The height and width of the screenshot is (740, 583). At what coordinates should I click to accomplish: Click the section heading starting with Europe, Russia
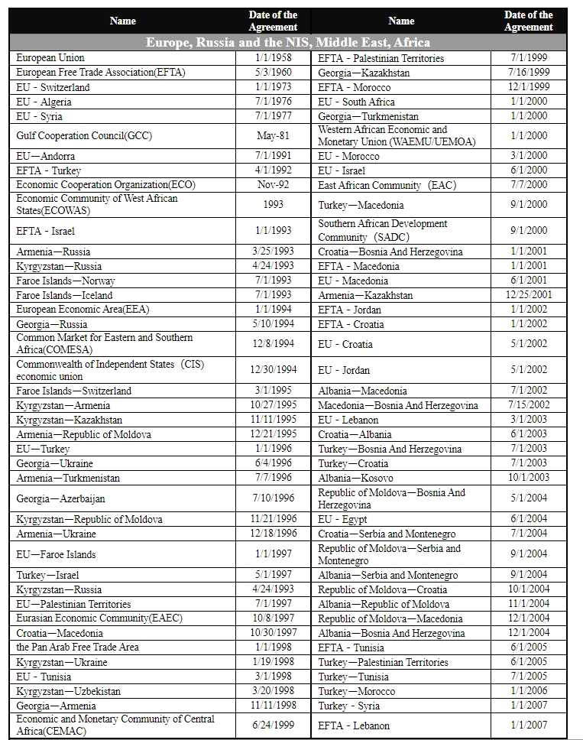[x=288, y=42]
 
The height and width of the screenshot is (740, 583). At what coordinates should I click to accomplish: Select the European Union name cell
[x=50, y=58]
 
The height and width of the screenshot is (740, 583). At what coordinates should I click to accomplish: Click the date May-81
[x=272, y=136]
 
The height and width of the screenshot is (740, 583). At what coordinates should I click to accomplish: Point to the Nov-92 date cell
[x=272, y=185]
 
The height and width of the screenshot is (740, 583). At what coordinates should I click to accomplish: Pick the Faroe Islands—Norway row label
[x=66, y=281]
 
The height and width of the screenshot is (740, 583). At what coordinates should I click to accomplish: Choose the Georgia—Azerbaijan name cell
[x=61, y=498]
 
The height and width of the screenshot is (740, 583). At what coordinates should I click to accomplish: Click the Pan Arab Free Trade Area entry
[x=78, y=647]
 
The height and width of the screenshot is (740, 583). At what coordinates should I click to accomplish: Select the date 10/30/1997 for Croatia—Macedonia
[x=272, y=633]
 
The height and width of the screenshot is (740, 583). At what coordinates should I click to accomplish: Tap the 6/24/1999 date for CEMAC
[x=272, y=725]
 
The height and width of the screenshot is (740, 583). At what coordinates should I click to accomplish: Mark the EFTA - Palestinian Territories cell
[x=381, y=58]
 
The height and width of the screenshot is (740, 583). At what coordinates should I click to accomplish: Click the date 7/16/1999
[x=528, y=73]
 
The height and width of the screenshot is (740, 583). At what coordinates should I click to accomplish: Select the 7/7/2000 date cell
[x=528, y=185]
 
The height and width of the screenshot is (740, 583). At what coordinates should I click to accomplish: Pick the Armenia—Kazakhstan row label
[x=365, y=295]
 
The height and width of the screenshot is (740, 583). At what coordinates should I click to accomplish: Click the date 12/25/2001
[x=528, y=295]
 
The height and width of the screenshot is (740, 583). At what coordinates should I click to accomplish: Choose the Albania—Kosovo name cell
[x=356, y=478]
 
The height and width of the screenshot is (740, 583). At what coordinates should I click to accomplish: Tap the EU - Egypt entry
[x=342, y=519]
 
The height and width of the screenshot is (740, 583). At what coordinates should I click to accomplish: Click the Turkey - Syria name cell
[x=348, y=706]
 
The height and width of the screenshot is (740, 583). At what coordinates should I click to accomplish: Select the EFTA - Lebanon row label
[x=354, y=725]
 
